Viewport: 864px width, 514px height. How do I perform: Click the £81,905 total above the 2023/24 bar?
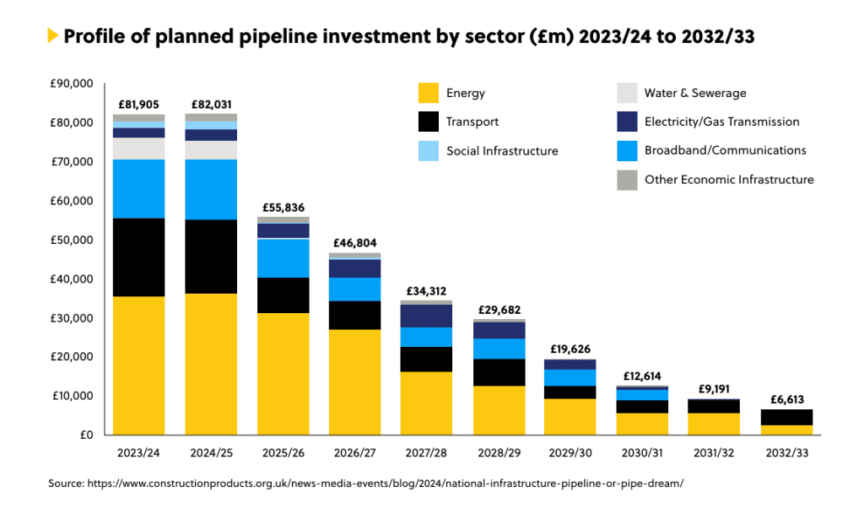point(139,105)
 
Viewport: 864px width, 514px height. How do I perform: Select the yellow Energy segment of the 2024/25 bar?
point(211,363)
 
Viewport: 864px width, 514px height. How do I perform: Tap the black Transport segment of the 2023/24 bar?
point(139,257)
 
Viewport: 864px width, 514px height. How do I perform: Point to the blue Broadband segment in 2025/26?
point(283,258)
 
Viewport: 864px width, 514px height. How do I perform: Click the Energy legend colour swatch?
point(429,93)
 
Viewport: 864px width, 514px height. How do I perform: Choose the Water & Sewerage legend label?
point(694,93)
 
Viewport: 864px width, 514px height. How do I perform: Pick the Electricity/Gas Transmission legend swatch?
point(627,122)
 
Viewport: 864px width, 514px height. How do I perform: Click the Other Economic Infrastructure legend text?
point(729,179)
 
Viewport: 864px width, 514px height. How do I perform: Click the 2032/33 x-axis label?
point(786,453)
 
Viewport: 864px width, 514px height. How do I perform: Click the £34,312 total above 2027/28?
point(427,291)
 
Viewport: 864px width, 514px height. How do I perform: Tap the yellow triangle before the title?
point(53,35)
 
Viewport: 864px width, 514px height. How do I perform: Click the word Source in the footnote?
point(64,484)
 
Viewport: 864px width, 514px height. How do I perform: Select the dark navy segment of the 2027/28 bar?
point(427,316)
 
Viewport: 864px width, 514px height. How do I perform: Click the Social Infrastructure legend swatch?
point(429,150)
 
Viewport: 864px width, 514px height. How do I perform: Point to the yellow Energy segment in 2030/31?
point(643,424)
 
